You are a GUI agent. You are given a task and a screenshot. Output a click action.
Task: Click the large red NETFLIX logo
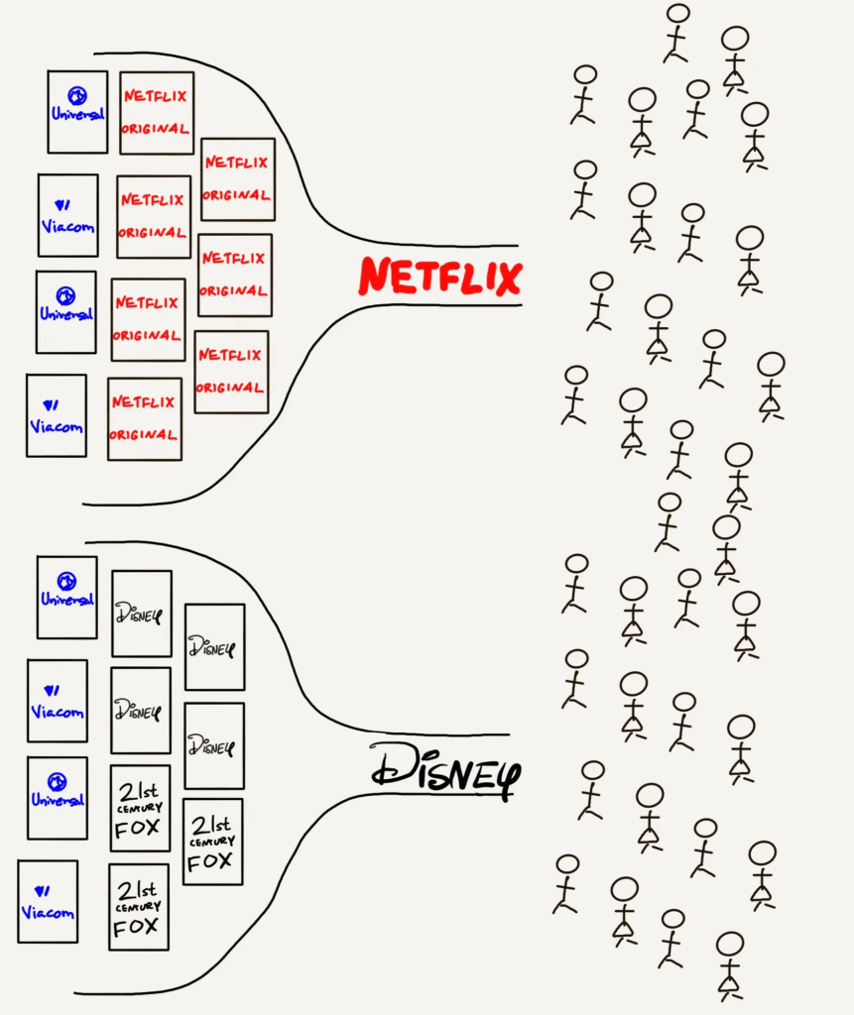click(x=439, y=277)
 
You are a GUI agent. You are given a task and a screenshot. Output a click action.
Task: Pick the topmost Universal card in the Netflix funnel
click(x=77, y=111)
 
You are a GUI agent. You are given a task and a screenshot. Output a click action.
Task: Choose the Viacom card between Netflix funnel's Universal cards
click(x=68, y=215)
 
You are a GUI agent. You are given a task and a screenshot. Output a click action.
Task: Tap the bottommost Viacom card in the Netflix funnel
click(x=57, y=415)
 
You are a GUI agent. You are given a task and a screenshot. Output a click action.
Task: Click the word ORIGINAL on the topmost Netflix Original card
click(x=156, y=129)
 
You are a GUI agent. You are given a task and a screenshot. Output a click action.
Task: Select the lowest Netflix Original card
click(x=145, y=418)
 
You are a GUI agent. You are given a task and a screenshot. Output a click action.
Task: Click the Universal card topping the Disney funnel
click(x=67, y=597)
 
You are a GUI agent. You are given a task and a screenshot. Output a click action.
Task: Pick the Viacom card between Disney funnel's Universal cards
click(x=58, y=701)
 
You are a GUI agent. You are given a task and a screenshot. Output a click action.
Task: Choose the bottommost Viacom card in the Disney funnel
click(x=48, y=901)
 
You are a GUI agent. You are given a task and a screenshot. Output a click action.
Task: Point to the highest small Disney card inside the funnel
click(x=141, y=613)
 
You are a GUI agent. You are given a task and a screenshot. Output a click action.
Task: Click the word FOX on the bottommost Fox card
click(x=137, y=928)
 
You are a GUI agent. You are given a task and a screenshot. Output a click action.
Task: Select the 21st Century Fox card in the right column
click(x=212, y=842)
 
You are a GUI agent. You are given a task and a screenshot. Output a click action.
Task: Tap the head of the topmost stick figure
click(x=678, y=15)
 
